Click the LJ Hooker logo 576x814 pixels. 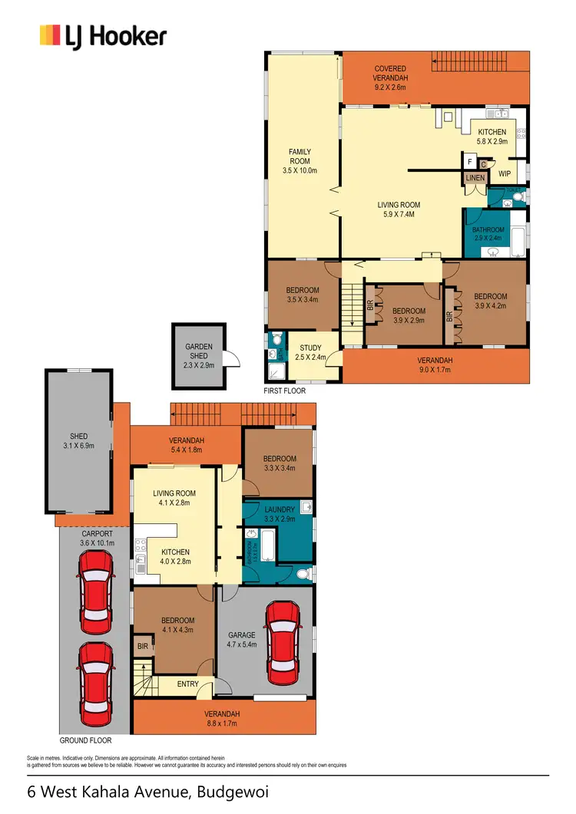[x=103, y=36]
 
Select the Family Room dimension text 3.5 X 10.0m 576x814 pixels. [x=300, y=170]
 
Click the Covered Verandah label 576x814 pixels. [x=390, y=73]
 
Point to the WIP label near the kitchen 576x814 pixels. [x=504, y=174]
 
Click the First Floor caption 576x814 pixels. [x=284, y=391]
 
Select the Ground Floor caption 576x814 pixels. [x=85, y=740]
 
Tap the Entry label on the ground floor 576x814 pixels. [x=188, y=684]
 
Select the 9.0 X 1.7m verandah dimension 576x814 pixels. [x=435, y=371]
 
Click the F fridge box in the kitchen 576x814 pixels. [x=469, y=162]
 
